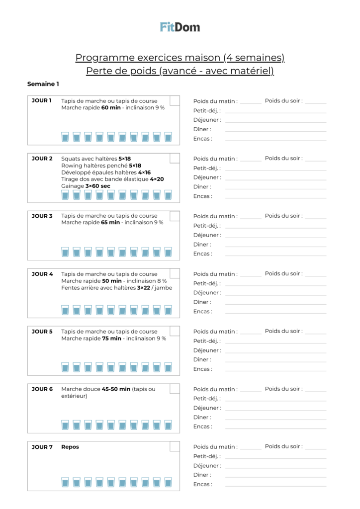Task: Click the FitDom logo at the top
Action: tap(180, 27)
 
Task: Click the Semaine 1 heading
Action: tap(43, 84)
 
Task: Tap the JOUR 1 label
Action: tap(42, 101)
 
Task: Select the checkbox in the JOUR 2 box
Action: tap(175, 158)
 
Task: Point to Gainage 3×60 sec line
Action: tap(86, 186)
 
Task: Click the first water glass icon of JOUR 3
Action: tap(65, 252)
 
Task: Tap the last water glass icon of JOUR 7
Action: tap(168, 483)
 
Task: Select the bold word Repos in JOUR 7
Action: tap(70, 447)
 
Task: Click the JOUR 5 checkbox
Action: tap(175, 331)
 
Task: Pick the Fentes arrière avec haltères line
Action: tap(116, 288)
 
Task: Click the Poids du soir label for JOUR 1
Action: tap(283, 101)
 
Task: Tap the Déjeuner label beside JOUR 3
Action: tap(207, 235)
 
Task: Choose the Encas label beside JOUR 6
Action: tap(202, 426)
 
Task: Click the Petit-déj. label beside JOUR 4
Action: tap(207, 283)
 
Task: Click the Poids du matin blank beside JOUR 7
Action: tap(251, 449)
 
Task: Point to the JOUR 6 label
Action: tap(42, 389)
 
